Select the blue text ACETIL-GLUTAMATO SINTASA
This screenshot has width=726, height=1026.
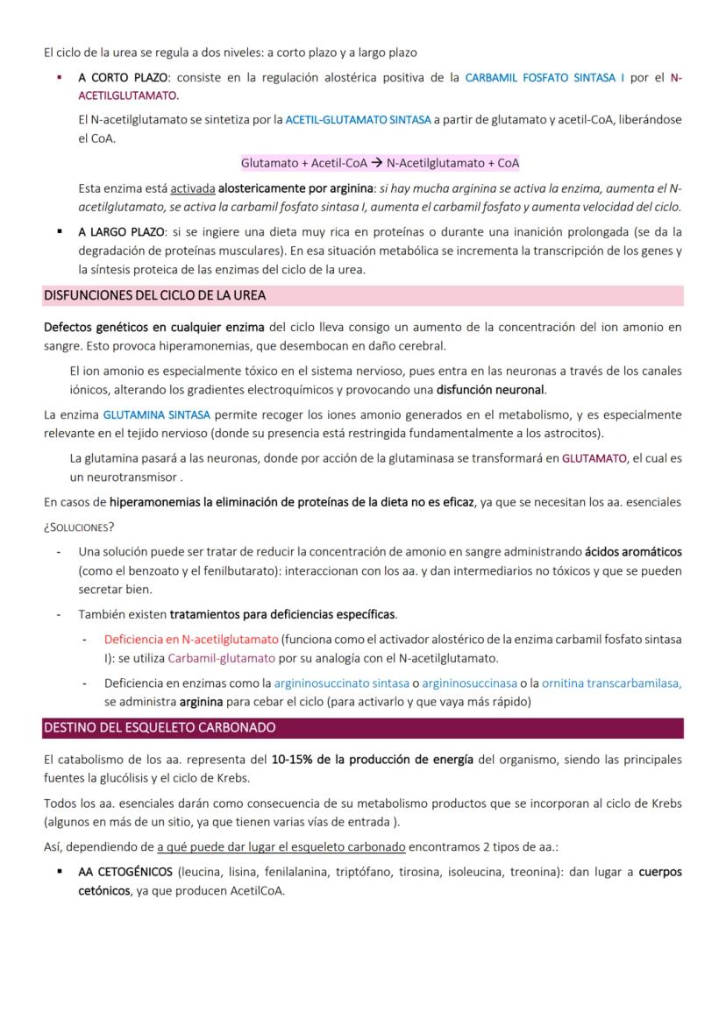click(359, 119)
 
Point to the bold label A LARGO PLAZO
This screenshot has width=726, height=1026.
click(117, 233)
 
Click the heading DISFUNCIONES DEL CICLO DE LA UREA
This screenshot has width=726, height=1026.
click(154, 295)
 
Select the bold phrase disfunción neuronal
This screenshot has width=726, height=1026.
click(497, 389)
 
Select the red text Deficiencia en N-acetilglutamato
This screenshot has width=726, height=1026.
click(190, 640)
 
